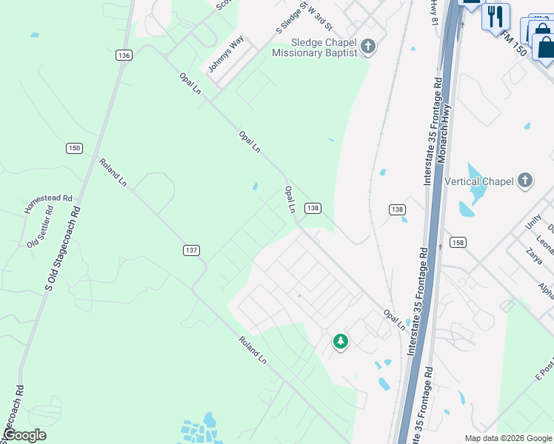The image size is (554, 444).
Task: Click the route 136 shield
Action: tap(124, 55)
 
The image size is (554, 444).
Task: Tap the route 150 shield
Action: tap(73, 148)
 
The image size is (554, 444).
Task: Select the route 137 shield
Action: tap(191, 251)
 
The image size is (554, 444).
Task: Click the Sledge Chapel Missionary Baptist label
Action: tap(314, 47)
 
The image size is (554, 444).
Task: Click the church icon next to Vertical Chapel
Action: tap(524, 181)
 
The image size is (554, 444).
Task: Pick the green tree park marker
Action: tap(341, 341)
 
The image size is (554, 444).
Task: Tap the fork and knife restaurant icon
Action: tap(495, 16)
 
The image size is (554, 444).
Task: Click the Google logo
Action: tap(24, 435)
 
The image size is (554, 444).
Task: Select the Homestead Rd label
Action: tap(49, 203)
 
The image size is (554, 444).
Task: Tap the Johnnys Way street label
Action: tap(225, 54)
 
